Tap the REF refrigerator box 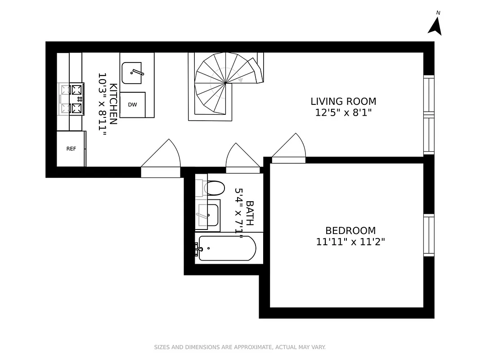(71, 149)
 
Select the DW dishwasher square (132, 105)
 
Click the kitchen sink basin (132, 73)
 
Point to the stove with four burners (72, 99)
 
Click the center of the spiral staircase (224, 83)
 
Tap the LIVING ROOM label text (343, 101)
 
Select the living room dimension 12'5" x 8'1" (343, 112)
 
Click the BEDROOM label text (350, 230)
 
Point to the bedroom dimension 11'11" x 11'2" (350, 242)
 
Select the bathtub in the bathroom (227, 248)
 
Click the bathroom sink (208, 214)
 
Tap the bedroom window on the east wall (429, 235)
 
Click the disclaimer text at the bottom (240, 347)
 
